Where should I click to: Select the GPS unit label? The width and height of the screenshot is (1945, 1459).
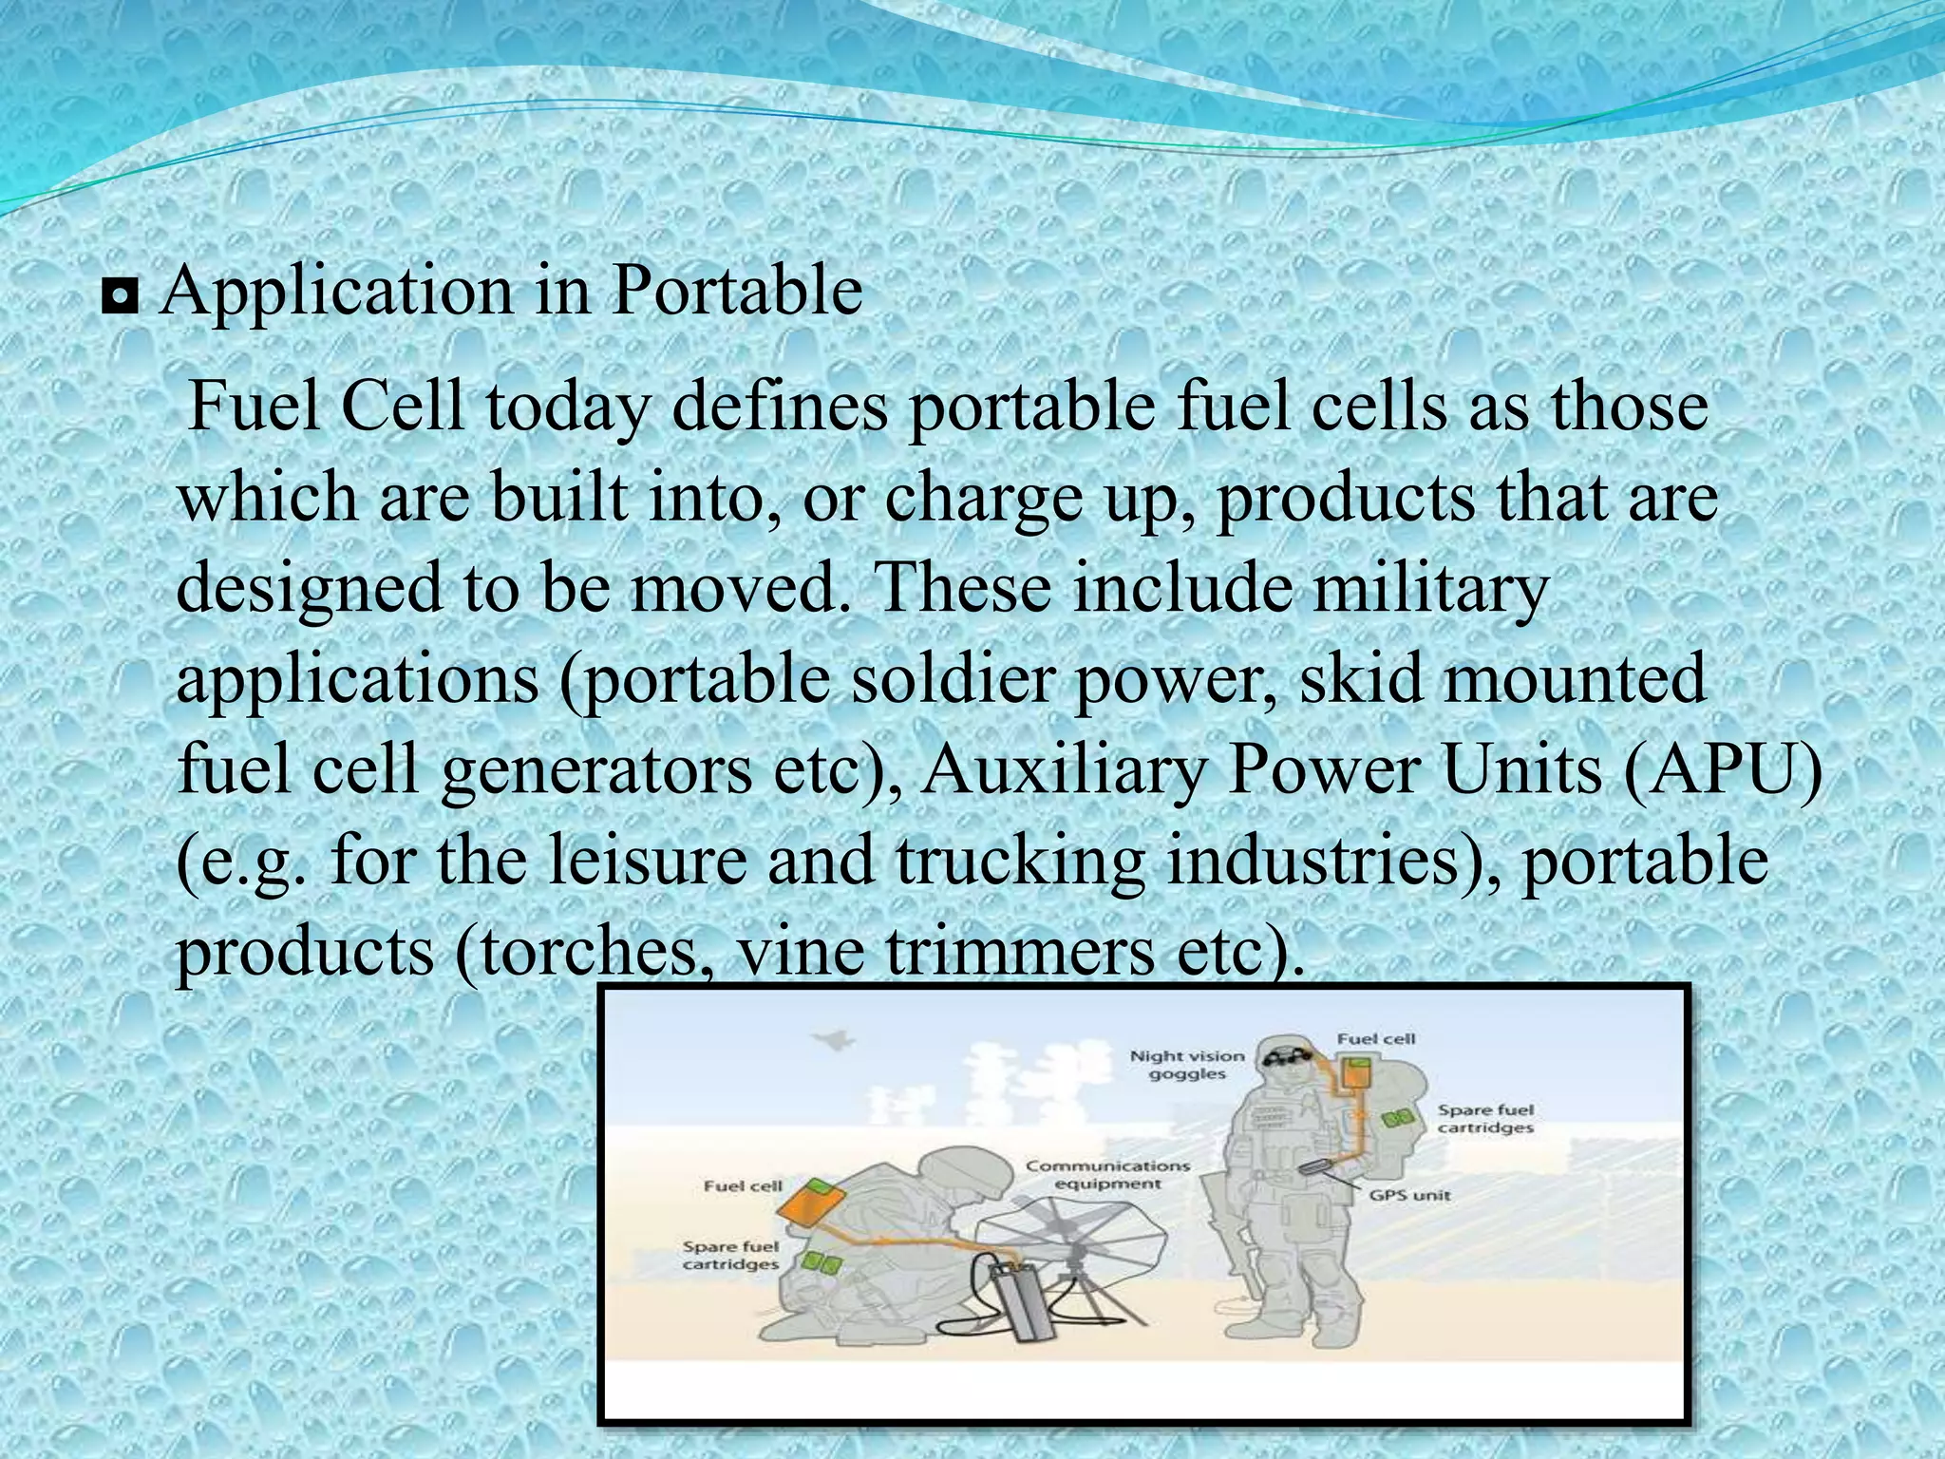click(x=1409, y=1195)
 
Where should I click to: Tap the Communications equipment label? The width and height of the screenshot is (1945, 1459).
click(x=1107, y=1174)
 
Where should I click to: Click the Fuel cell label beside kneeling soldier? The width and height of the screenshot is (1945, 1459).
click(x=743, y=1185)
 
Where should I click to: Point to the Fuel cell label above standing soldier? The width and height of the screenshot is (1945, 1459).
click(x=1376, y=1039)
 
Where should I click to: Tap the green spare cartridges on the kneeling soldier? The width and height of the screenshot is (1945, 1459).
click(x=821, y=1261)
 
